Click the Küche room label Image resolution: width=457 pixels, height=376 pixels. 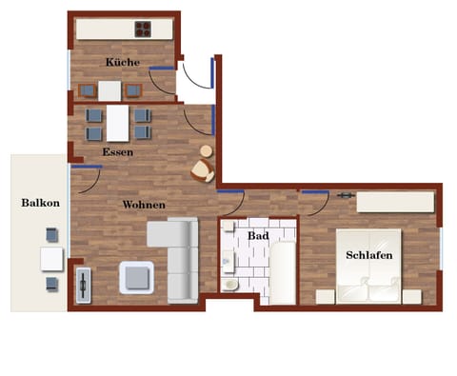click(123, 63)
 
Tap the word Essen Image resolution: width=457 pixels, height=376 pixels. click(119, 151)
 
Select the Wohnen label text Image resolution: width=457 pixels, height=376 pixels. click(144, 205)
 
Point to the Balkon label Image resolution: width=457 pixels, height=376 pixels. click(41, 203)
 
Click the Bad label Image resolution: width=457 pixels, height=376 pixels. click(258, 235)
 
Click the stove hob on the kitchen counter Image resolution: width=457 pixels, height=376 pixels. click(143, 29)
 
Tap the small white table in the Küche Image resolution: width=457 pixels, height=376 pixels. click(109, 91)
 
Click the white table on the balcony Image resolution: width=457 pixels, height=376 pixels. click(51, 258)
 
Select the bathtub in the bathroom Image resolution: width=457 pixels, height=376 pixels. click(283, 271)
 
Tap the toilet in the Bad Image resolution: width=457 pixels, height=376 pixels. click(229, 283)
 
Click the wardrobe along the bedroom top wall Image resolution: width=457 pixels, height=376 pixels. click(394, 201)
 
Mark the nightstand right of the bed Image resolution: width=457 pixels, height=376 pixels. click(411, 297)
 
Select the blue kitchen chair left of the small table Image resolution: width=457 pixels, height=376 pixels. click(88, 91)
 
